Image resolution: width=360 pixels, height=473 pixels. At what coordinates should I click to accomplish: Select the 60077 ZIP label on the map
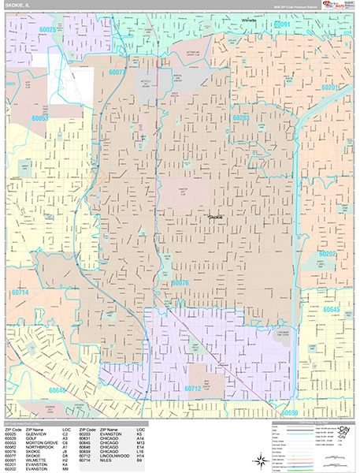coord(117,71)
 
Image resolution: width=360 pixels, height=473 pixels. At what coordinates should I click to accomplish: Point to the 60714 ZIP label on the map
coord(22,293)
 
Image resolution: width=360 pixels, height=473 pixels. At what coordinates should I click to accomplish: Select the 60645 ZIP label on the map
coord(332,309)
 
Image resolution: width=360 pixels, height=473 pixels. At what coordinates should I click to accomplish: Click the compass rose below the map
coord(343,432)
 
